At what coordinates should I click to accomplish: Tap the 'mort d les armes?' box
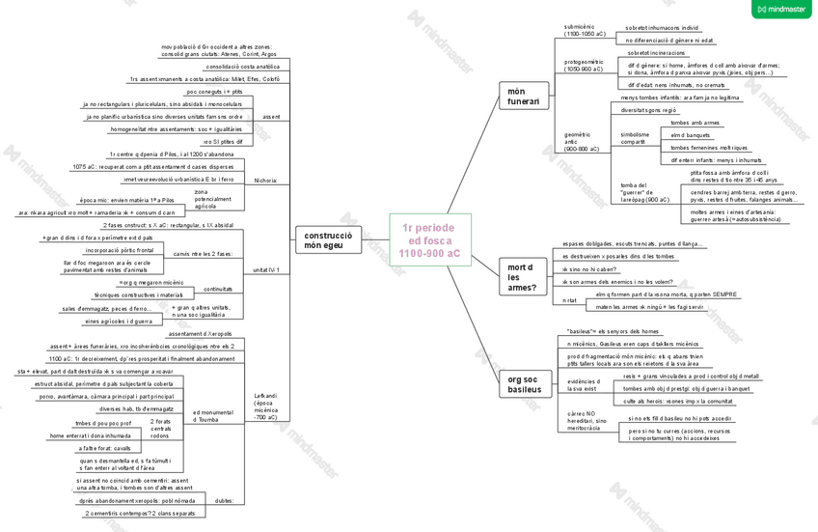pyautogui.click(x=521, y=276)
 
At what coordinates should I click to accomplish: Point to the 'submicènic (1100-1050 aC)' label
pyautogui.click(x=586, y=30)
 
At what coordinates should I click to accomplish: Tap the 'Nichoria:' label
pyautogui.click(x=265, y=181)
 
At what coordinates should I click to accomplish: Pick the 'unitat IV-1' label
pyautogui.click(x=265, y=270)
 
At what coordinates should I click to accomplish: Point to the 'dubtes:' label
pyautogui.click(x=223, y=501)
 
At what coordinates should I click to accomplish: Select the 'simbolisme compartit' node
pyautogui.click(x=634, y=138)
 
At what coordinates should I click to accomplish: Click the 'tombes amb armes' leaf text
pyautogui.click(x=695, y=124)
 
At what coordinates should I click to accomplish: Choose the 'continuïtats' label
pyautogui.click(x=217, y=289)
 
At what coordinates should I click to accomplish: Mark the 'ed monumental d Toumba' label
pyautogui.click(x=213, y=416)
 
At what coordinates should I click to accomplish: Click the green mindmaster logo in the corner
pyautogui.click(x=781, y=10)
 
